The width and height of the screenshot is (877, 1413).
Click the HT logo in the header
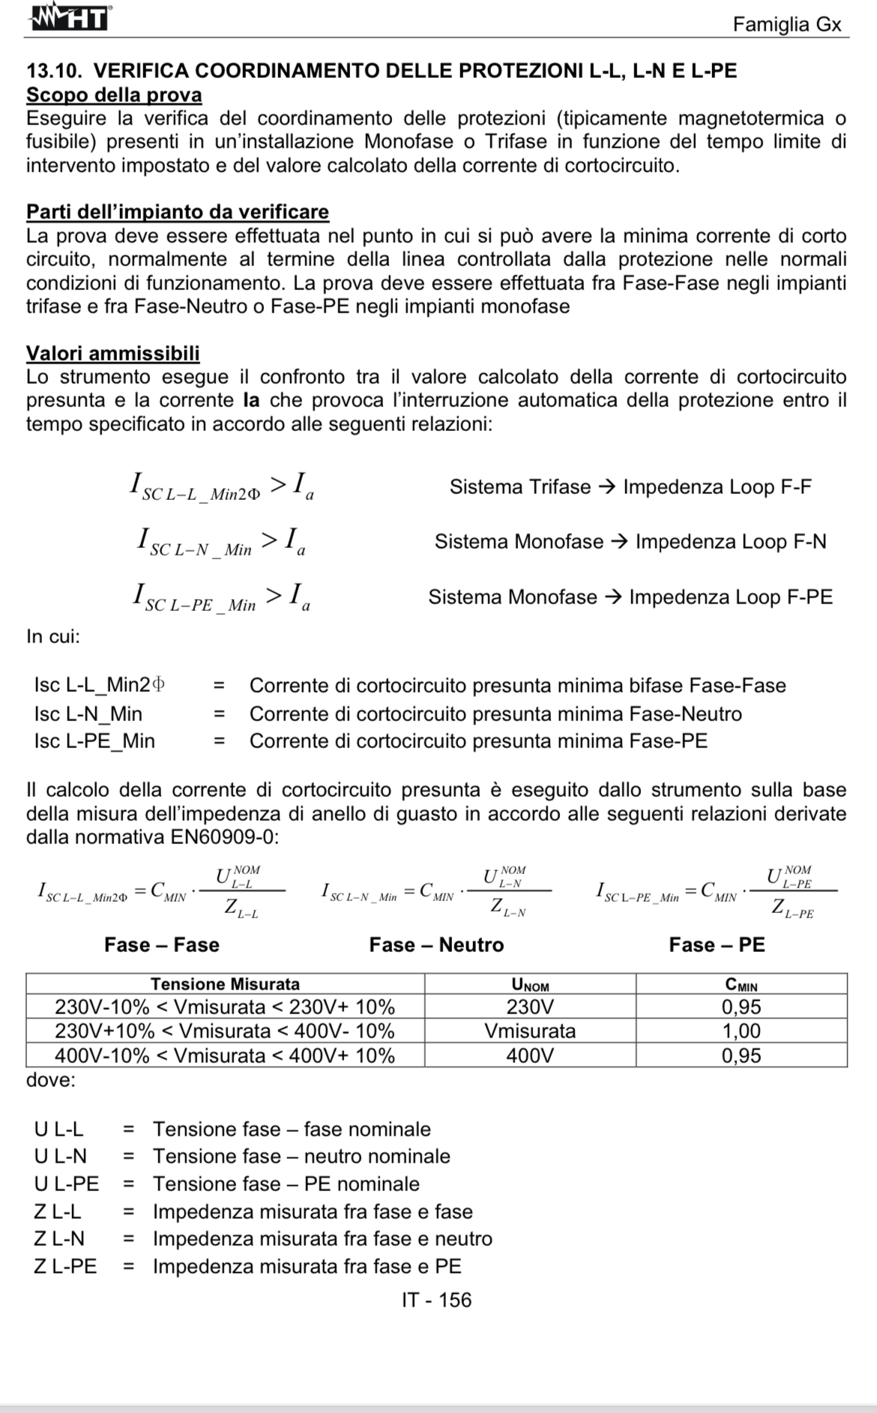(x=70, y=18)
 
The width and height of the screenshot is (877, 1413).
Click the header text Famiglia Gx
(x=787, y=25)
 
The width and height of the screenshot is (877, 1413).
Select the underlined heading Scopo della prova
(x=114, y=95)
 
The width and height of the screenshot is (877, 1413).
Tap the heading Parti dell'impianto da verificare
(x=177, y=212)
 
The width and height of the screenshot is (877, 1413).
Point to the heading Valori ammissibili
(x=112, y=353)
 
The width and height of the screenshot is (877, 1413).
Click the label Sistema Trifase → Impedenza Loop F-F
(x=630, y=487)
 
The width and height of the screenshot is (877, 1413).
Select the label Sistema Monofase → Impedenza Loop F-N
(x=630, y=542)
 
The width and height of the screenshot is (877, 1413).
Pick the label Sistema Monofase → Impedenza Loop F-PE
(x=630, y=597)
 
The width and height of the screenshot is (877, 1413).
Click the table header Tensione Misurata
(x=225, y=984)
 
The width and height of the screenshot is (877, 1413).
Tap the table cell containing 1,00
(x=741, y=1031)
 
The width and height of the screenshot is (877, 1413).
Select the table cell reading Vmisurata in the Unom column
(x=530, y=1031)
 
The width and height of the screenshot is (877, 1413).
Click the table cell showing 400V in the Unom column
(x=530, y=1056)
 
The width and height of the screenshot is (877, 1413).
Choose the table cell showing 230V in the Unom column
(x=530, y=1007)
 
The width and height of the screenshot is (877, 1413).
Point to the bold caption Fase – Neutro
(x=436, y=945)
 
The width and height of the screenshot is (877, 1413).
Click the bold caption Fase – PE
(x=717, y=945)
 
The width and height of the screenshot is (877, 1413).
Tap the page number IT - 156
(x=436, y=1300)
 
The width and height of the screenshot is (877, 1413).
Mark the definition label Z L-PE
(x=65, y=1267)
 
